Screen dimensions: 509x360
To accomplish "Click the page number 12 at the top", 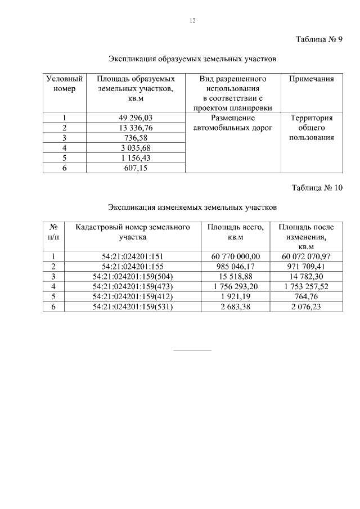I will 192,21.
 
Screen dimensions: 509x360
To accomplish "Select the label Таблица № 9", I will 319,39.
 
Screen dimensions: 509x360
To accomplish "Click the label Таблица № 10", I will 317,188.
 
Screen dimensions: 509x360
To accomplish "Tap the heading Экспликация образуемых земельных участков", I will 192,59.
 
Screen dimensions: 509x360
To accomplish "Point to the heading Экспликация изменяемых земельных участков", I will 192,207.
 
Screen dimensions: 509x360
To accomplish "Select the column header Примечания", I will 311,79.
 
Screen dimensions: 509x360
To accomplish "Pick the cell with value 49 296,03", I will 136,118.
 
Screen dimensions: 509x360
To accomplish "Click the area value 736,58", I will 136,138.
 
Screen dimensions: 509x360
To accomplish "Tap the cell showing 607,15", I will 136,168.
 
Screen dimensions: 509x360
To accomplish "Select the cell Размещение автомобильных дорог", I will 232,123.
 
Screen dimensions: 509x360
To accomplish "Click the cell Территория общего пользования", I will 311,128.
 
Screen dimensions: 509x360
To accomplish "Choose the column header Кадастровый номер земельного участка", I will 133,232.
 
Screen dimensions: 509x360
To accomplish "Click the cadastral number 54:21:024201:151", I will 133,256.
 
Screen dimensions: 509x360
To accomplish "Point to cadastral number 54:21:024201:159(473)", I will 133,286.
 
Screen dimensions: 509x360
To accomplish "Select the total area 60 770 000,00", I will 236,256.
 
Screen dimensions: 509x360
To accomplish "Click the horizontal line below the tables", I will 192,350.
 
